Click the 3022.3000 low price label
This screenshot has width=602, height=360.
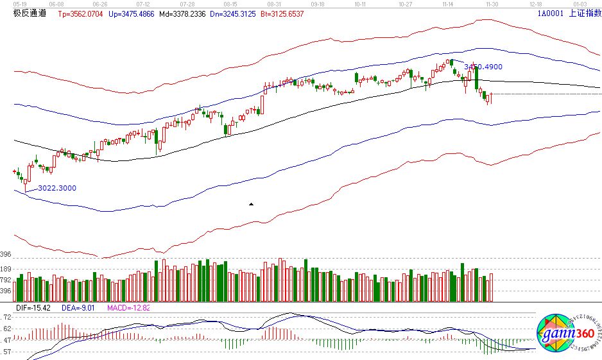pyautogui.click(x=57, y=188)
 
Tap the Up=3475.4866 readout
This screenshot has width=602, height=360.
pyautogui.click(x=133, y=13)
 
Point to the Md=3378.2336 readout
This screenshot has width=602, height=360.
pyautogui.click(x=184, y=13)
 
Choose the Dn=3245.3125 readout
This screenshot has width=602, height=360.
pyautogui.click(x=236, y=13)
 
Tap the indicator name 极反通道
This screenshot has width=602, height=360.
pyautogui.click(x=30, y=13)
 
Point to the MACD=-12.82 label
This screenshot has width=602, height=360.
pyautogui.click(x=128, y=309)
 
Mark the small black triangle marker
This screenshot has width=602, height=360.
pyautogui.click(x=251, y=204)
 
